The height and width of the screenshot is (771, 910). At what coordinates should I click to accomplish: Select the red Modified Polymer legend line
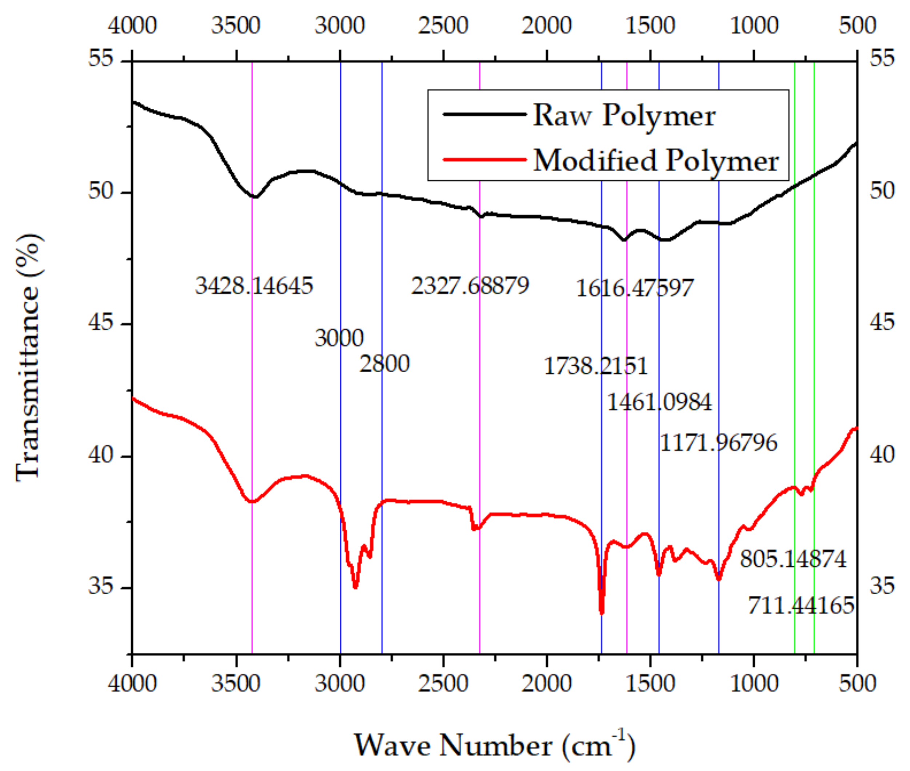click(484, 160)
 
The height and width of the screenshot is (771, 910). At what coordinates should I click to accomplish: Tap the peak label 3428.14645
click(254, 286)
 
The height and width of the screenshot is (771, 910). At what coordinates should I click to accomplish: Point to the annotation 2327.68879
click(470, 286)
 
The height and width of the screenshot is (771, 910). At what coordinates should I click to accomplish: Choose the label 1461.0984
click(659, 402)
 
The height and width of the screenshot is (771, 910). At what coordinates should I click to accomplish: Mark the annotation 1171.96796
click(718, 443)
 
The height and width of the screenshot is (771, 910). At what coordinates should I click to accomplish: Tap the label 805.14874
click(793, 559)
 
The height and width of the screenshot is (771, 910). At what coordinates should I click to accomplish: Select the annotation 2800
click(384, 364)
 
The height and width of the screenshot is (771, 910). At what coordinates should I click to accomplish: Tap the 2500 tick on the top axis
click(443, 25)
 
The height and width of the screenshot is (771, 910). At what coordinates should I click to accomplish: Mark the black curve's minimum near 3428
click(255, 197)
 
